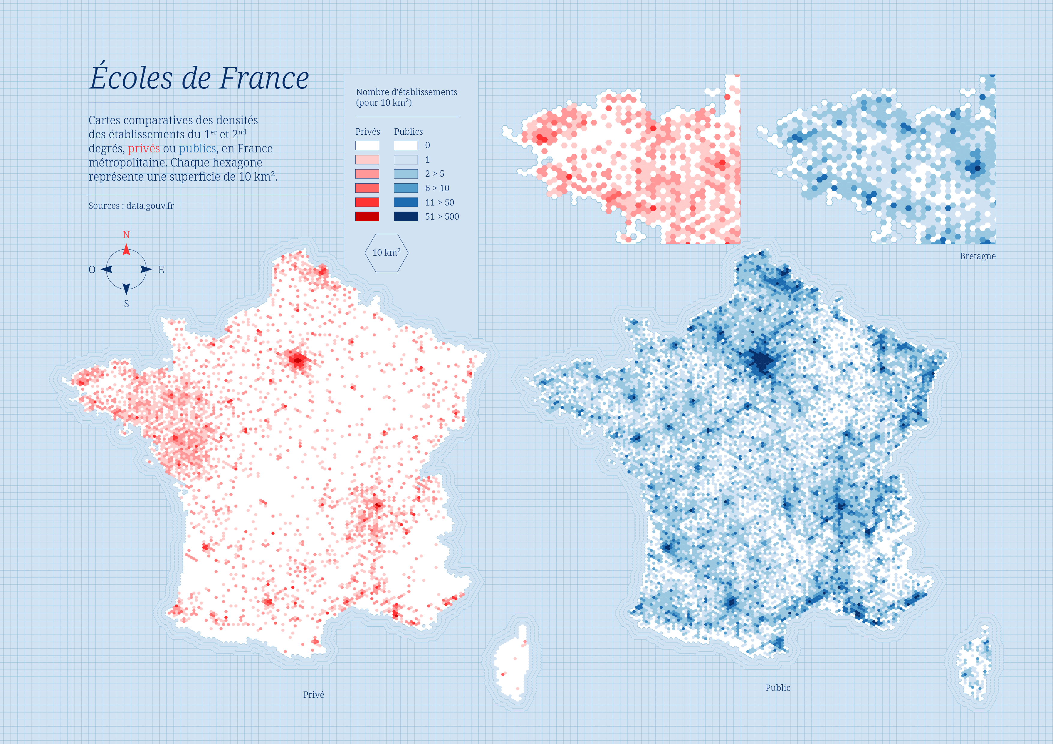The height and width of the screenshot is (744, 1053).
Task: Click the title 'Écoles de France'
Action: click(199, 78)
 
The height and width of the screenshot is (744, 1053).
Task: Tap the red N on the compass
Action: click(126, 235)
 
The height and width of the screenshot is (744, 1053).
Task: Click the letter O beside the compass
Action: click(92, 269)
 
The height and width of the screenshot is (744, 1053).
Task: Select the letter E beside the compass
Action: click(161, 269)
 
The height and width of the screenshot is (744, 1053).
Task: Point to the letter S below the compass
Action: click(127, 304)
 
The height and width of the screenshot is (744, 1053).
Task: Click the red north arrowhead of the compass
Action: click(126, 250)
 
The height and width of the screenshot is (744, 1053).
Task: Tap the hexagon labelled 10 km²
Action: click(386, 253)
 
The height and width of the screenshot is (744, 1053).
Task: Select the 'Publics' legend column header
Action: click(408, 132)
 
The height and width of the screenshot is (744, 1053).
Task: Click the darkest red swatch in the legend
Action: click(367, 216)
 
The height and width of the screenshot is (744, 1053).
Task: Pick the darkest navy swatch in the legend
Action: click(406, 216)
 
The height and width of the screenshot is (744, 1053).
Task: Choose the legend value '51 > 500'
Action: click(442, 216)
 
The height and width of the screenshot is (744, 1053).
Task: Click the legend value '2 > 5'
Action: click(434, 174)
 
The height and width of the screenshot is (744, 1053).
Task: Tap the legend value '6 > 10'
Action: click(437, 188)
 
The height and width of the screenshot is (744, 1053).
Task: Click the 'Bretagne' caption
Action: click(977, 256)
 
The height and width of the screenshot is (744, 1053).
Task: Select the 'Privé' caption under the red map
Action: click(313, 694)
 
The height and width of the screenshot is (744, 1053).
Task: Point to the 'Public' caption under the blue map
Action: click(778, 688)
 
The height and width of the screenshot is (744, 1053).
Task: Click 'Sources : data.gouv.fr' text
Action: click(131, 206)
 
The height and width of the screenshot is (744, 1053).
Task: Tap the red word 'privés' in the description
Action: click(143, 148)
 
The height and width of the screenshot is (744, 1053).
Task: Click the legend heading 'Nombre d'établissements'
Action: click(406, 92)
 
